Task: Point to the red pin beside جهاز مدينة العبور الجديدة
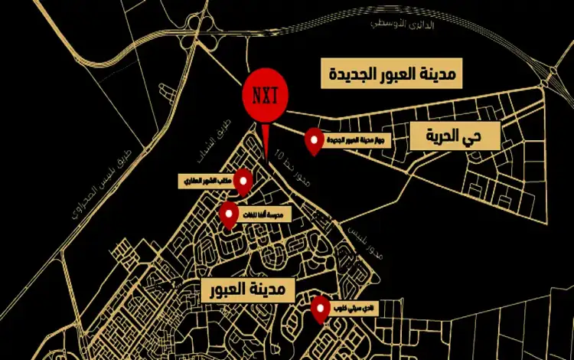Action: [314, 140]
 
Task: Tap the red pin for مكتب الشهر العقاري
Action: [243, 181]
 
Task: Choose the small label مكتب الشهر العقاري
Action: [205, 181]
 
